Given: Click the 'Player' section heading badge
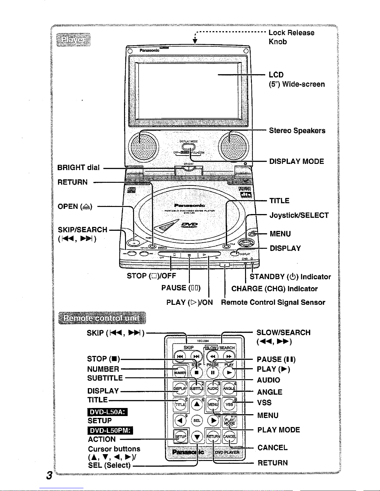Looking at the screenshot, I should click(74, 40).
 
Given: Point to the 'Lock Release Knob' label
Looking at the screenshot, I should click(291, 37).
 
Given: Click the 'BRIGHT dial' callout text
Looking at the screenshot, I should click(79, 168).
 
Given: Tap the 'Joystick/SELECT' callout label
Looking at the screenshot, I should click(299, 215).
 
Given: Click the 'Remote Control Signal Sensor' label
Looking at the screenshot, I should click(273, 302).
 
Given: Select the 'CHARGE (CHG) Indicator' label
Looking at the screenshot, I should click(275, 289).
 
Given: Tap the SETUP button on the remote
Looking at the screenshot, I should click(180, 436).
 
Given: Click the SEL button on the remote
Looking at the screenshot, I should click(197, 420).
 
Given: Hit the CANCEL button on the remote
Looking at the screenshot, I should click(230, 436).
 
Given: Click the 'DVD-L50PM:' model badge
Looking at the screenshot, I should click(110, 431).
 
